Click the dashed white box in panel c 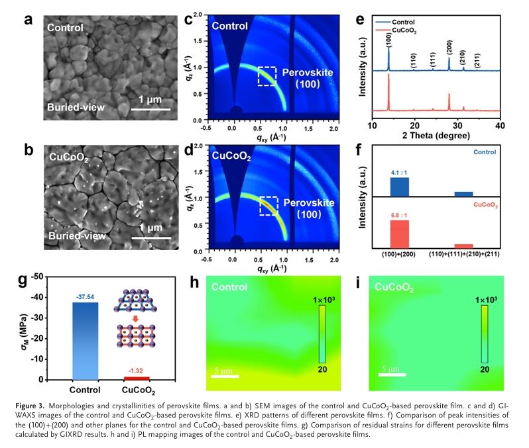[267, 76]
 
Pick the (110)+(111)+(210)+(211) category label [463, 253]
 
